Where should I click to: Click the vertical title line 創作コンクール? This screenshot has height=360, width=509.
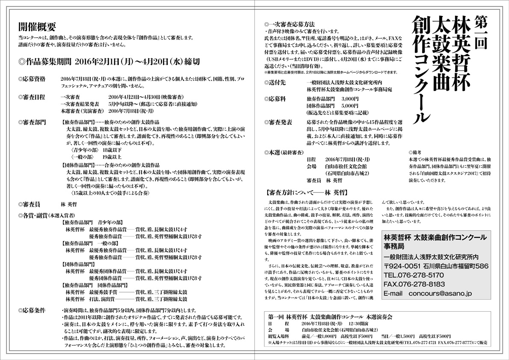421,71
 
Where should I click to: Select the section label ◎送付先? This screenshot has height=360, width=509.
277,82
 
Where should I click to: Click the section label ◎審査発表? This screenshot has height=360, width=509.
278,122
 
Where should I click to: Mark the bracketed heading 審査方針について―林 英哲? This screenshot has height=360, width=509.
305,192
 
